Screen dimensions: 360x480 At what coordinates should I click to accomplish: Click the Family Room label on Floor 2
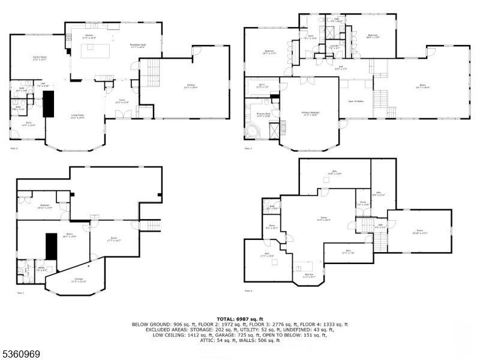tap(40, 58)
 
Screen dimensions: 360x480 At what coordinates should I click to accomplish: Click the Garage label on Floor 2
tap(191, 86)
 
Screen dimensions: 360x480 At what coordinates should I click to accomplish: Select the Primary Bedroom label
tap(310, 113)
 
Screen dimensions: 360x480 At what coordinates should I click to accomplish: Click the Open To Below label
tap(356, 101)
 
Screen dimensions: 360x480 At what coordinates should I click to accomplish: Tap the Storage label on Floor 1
tap(79, 280)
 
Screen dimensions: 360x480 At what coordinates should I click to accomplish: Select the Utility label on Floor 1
tap(41, 269)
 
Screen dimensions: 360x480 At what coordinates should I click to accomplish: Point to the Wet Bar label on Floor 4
tap(309, 276)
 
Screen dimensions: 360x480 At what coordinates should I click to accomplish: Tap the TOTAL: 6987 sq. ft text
tap(239, 319)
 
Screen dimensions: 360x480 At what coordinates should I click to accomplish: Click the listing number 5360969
tap(21, 354)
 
